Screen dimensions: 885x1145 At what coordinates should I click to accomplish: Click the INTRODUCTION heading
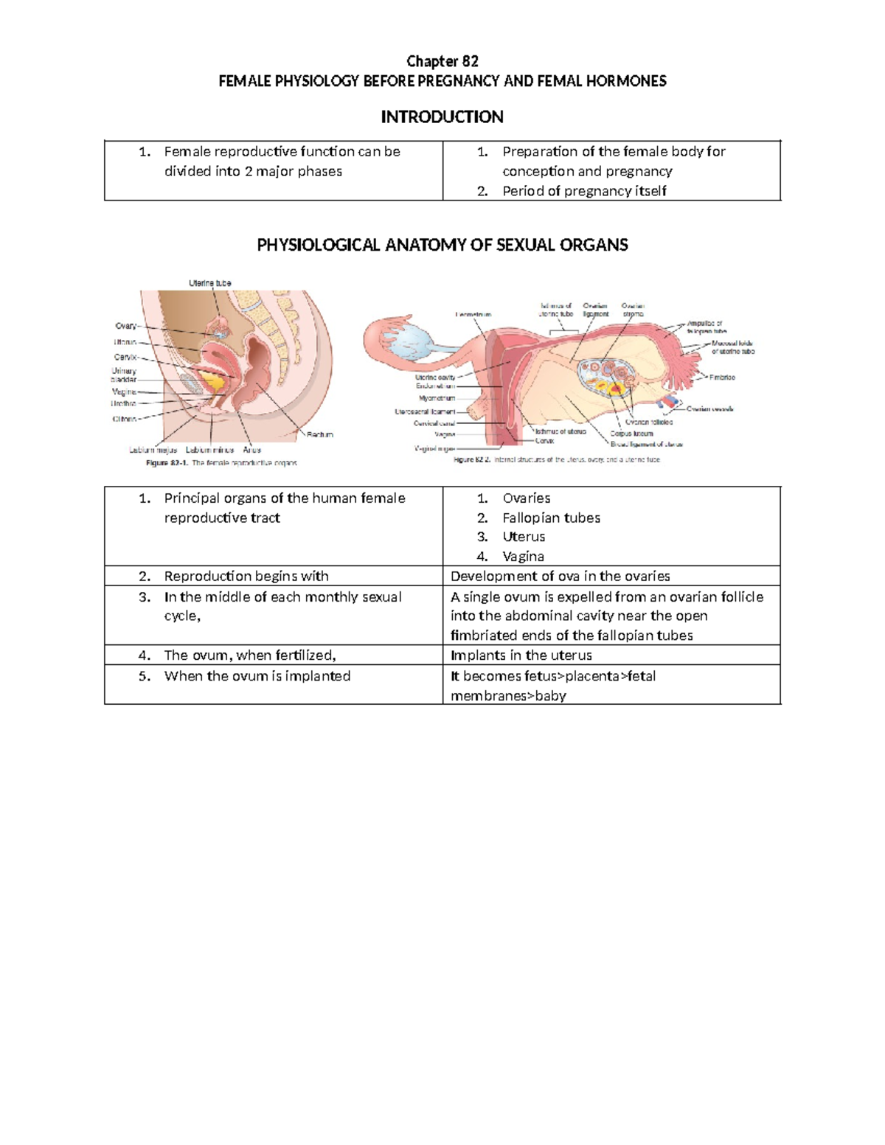[x=442, y=116]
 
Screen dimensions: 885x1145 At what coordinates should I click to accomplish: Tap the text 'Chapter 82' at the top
[x=442, y=61]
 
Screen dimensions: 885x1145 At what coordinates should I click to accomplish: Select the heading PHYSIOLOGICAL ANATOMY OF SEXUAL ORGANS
[x=442, y=245]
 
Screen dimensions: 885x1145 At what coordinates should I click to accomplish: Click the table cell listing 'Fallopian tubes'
[x=551, y=518]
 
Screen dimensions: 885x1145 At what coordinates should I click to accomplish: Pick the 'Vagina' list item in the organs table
[x=523, y=557]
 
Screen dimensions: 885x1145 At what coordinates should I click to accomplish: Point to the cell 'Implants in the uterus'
[x=521, y=655]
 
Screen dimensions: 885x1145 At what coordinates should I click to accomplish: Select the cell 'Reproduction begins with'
[x=246, y=576]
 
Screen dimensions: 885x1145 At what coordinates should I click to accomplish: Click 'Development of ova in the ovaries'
[x=560, y=576]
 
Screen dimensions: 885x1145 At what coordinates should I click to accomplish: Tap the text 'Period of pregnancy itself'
[x=584, y=191]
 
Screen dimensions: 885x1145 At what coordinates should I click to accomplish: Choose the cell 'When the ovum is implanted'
[x=257, y=676]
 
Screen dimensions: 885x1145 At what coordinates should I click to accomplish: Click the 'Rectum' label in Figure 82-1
[x=320, y=435]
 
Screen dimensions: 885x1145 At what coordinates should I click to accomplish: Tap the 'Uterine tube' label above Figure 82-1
[x=210, y=283]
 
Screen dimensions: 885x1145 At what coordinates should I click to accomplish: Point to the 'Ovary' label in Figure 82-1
[x=125, y=326]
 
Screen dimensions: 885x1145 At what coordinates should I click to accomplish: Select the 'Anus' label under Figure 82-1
[x=251, y=450]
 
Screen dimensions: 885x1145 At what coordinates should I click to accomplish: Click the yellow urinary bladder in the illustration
[x=214, y=381]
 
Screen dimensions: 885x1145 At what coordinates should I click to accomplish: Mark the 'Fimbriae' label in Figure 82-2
[x=722, y=377]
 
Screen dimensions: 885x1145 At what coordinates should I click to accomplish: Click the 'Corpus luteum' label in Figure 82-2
[x=631, y=434]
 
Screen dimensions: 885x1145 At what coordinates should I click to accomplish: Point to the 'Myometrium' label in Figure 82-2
[x=437, y=398]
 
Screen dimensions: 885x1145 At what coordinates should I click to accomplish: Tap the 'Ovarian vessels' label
[x=709, y=408]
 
